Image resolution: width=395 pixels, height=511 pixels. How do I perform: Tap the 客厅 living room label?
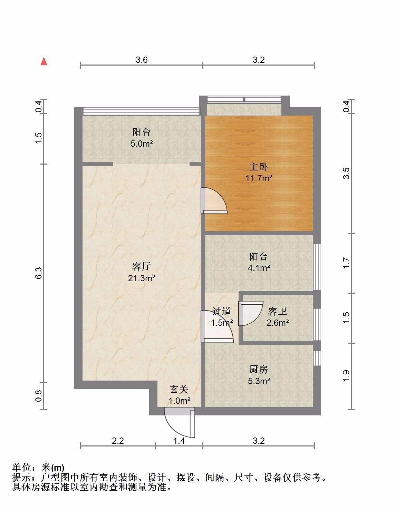(141, 267)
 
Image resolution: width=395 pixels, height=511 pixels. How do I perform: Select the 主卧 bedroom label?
(259, 167)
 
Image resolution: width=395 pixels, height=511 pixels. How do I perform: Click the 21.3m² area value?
(141, 278)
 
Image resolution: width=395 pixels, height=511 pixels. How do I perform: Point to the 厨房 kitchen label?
(259, 370)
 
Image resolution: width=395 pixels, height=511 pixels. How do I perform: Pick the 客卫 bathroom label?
(278, 311)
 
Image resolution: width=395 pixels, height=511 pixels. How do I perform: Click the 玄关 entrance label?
(179, 390)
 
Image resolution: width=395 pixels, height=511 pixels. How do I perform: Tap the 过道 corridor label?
(222, 311)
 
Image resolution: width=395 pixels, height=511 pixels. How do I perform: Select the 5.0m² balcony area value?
(142, 144)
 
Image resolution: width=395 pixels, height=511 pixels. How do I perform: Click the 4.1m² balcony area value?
(259, 268)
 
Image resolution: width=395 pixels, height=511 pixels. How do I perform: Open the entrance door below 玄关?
(179, 423)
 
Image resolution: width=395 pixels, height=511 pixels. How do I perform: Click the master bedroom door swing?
(214, 200)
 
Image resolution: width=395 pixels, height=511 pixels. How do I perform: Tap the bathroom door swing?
(250, 313)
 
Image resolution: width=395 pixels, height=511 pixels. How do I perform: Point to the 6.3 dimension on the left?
(39, 273)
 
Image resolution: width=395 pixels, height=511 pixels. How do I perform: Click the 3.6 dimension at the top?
(142, 60)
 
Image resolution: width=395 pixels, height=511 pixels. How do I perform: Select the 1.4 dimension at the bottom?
(179, 441)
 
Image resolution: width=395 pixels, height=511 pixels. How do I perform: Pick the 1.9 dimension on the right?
(346, 376)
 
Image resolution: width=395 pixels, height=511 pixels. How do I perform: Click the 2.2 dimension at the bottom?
(118, 441)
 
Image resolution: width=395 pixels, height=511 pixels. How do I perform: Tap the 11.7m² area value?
(259, 178)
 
